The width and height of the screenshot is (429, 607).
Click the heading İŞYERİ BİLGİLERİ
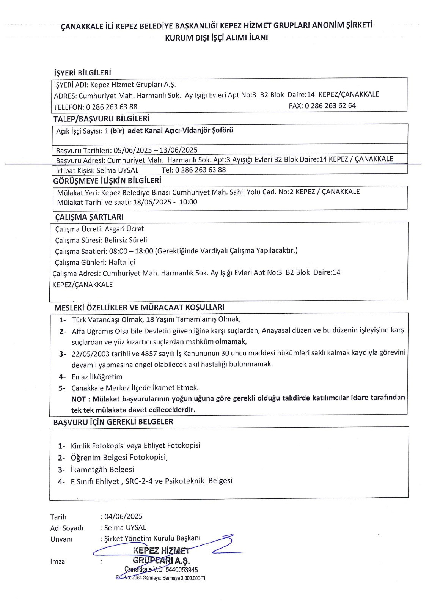coord(83,72)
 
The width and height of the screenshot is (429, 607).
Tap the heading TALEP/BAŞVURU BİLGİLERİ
coord(101,118)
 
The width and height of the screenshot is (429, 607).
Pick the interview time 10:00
coord(188,202)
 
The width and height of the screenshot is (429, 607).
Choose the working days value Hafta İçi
coord(122,262)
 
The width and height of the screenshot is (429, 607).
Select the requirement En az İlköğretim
coord(97,377)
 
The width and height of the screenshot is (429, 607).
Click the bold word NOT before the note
coord(78,399)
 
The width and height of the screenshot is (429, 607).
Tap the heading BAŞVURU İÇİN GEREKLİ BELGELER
coord(113,421)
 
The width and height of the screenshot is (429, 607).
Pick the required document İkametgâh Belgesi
coord(102,469)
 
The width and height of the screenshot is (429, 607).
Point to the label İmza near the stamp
coord(58,561)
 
